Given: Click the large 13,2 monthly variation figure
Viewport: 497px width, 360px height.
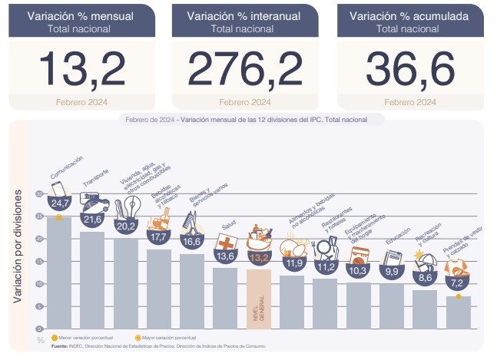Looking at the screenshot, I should (81, 68).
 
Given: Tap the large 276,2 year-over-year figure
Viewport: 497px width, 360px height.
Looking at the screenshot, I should (244, 68).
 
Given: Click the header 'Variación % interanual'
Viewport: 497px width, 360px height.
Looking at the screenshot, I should (244, 15).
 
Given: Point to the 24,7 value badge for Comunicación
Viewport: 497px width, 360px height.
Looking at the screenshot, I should (59, 203).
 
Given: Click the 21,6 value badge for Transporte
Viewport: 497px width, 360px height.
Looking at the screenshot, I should (92, 220).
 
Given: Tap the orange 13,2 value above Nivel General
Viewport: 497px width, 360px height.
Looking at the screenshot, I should (259, 257).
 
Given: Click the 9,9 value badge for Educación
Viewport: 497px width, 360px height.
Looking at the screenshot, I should (392, 271).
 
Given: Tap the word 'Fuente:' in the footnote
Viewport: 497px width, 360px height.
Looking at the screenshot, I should (60, 346).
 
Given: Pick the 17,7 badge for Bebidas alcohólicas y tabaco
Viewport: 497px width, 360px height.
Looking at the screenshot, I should (159, 238).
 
